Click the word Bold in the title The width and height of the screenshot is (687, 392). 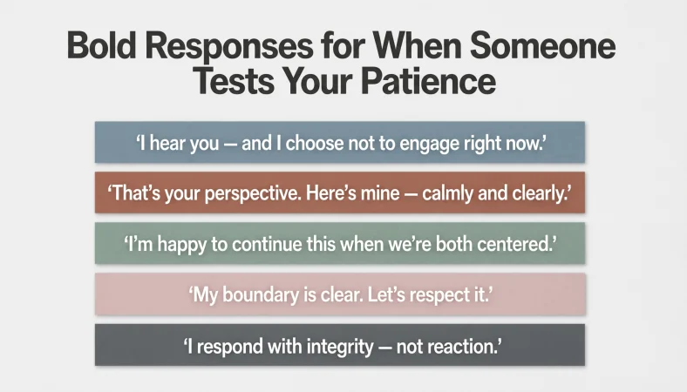pyautogui.click(x=101, y=45)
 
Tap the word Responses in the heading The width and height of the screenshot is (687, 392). pyautogui.click(x=229, y=47)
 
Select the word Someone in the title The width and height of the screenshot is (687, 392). pyautogui.click(x=543, y=45)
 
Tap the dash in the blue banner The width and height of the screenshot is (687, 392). pyautogui.click(x=230, y=145)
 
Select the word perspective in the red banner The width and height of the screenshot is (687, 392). pyautogui.click(x=253, y=194)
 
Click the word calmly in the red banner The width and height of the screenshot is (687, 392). pyautogui.click(x=447, y=194)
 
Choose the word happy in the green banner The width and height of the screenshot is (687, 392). pyautogui.click(x=182, y=245)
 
